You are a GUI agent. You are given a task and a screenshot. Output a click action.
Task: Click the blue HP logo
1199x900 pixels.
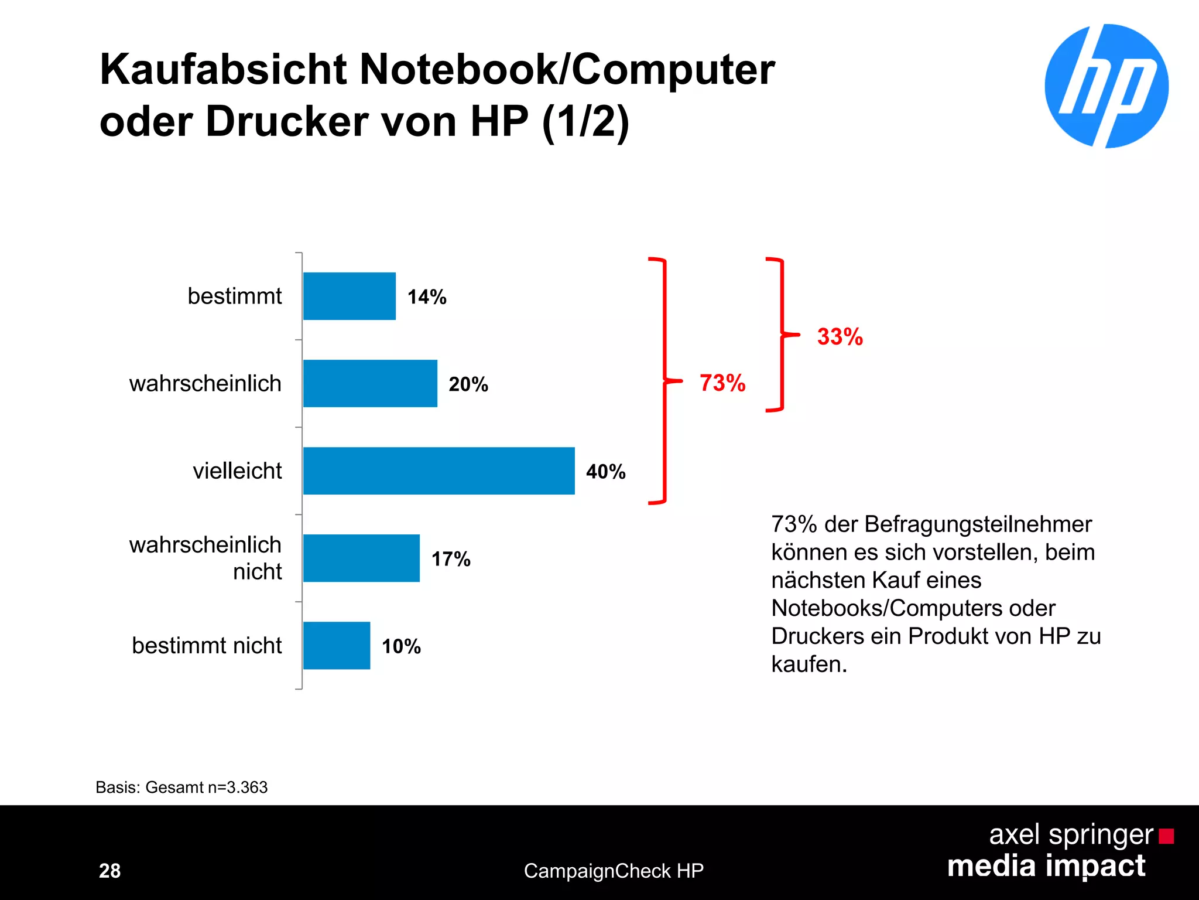pyautogui.click(x=1106, y=86)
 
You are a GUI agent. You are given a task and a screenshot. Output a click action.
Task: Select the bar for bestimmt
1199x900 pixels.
pyautogui.click(x=350, y=296)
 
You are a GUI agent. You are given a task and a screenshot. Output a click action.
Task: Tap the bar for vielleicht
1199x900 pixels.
pyautogui.click(x=439, y=471)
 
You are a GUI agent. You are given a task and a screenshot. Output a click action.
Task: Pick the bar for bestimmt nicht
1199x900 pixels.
pyautogui.click(x=337, y=645)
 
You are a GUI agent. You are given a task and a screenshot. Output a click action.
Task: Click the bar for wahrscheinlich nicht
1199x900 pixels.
pyautogui.click(x=361, y=558)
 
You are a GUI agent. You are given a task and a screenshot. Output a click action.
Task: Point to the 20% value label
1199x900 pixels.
pyautogui.click(x=468, y=384)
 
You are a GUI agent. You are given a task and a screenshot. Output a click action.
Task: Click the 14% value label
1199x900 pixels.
pyautogui.click(x=427, y=297)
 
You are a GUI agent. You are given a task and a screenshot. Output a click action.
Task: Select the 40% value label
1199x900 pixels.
pyautogui.click(x=606, y=472)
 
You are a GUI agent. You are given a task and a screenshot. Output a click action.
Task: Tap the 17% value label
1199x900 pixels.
pyautogui.click(x=451, y=559)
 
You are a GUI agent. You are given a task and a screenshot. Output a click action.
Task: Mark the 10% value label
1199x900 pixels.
pyautogui.click(x=401, y=646)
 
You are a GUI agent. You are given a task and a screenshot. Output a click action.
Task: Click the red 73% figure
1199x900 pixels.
pyautogui.click(x=722, y=383)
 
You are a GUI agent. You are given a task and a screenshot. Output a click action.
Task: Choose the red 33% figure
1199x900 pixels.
pyautogui.click(x=840, y=337)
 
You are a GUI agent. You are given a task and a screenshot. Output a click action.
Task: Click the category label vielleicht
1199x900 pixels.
pyautogui.click(x=237, y=471)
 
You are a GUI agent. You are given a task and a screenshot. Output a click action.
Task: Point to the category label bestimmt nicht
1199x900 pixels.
pyautogui.click(x=207, y=646)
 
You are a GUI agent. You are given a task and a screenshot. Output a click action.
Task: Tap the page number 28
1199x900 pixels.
pyautogui.click(x=110, y=871)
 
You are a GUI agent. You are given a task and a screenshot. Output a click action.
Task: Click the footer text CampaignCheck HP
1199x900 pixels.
pyautogui.click(x=614, y=871)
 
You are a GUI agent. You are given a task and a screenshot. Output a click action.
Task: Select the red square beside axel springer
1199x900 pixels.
pyautogui.click(x=1166, y=836)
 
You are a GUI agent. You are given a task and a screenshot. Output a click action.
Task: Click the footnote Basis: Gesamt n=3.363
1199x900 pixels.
pyautogui.click(x=181, y=787)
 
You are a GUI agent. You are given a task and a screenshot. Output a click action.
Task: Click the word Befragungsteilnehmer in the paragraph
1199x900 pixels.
pyautogui.click(x=978, y=524)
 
